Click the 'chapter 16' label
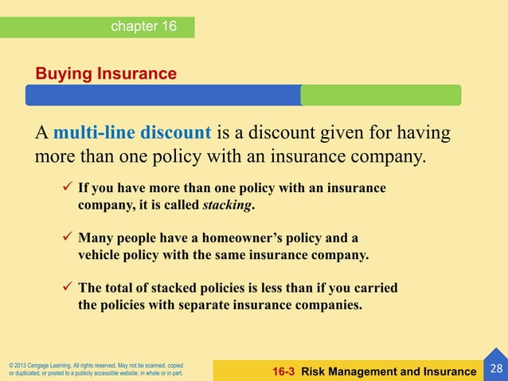click(144, 26)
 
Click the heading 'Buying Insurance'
click(106, 74)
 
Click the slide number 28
click(496, 368)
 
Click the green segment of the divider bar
click(381, 96)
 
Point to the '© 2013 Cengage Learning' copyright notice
click(96, 368)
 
